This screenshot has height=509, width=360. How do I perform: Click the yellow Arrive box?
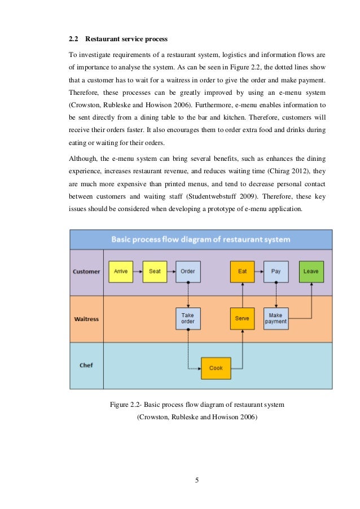pos(121,271)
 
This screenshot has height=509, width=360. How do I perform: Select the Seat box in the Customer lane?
pos(155,271)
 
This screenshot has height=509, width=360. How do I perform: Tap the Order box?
pos(188,271)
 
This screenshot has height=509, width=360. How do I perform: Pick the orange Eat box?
pos(242,271)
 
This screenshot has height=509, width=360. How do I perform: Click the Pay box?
pos(276,271)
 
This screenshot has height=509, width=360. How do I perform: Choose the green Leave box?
pos(310,271)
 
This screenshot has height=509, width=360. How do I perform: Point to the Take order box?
pos(188,318)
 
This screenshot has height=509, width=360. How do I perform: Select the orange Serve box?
pos(242,318)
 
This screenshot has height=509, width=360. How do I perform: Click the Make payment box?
pos(276,318)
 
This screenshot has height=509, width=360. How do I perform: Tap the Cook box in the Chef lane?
pos(216,368)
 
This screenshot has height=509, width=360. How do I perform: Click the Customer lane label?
pos(86,271)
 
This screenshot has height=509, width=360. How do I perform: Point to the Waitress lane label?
pos(86,319)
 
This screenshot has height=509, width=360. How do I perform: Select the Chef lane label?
pos(86,365)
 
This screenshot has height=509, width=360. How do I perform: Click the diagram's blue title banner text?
pos(200,239)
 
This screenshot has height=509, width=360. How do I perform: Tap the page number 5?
pos(197,480)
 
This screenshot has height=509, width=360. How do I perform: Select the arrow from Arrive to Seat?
pos(138,271)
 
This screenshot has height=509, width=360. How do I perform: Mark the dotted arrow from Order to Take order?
pos(188,295)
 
